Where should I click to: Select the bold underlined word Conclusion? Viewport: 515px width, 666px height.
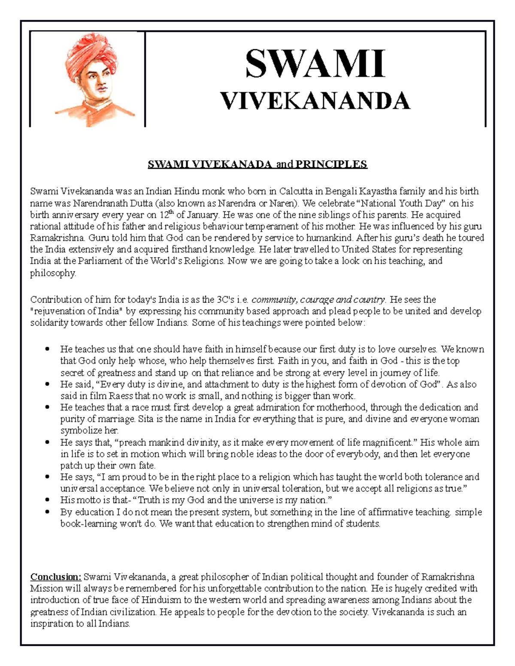click(x=55, y=577)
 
